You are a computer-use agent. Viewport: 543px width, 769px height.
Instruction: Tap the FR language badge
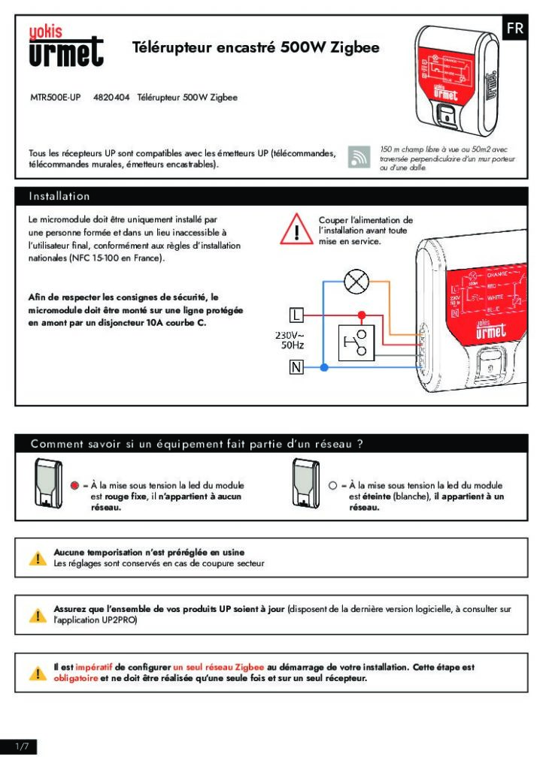(515, 29)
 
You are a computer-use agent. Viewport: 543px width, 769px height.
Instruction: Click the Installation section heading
(59, 196)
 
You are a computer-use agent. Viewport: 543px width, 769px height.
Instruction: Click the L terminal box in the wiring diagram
(297, 313)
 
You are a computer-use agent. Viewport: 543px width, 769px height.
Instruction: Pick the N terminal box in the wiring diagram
(297, 367)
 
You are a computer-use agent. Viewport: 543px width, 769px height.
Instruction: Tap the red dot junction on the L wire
(363, 314)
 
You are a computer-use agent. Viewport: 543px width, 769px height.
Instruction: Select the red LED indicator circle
(74, 486)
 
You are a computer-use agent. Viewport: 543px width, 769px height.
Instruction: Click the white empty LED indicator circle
(332, 486)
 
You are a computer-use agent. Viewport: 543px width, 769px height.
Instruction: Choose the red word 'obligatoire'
(77, 679)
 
